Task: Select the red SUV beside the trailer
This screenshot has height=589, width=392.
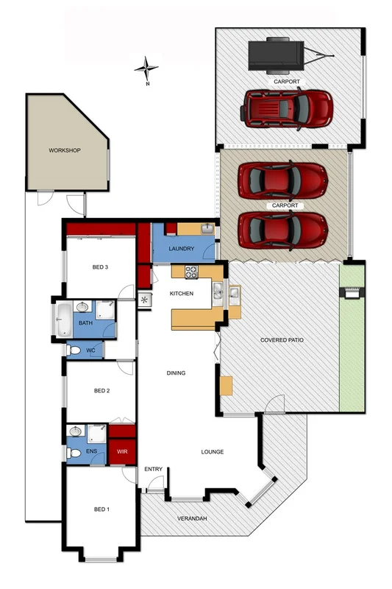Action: click(x=286, y=110)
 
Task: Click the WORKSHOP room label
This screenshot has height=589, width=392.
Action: click(x=64, y=150)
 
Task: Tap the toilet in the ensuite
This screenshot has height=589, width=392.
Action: click(x=74, y=452)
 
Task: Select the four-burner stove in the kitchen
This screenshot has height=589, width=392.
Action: click(x=190, y=272)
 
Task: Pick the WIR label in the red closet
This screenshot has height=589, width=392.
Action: click(x=123, y=451)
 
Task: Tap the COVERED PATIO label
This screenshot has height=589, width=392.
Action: click(x=282, y=341)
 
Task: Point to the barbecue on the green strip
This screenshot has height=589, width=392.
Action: click(x=352, y=292)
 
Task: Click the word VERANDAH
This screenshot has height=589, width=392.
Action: click(x=191, y=519)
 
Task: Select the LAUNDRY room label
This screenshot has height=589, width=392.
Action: click(x=181, y=249)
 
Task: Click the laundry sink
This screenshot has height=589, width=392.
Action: click(x=207, y=230)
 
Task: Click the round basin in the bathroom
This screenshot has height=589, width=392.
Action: click(x=85, y=310)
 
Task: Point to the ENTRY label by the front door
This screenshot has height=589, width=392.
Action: click(x=153, y=469)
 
